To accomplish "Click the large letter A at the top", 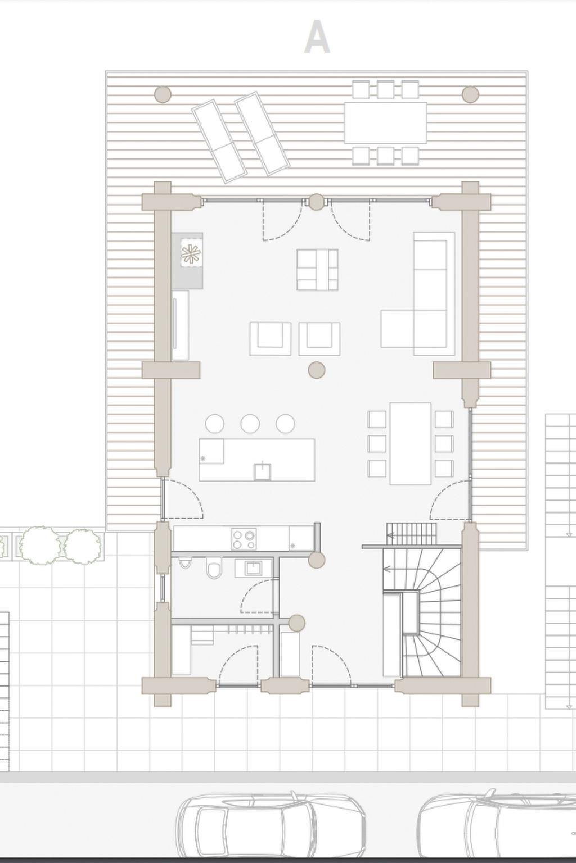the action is point(317,38).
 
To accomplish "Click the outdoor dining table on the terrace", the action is point(386,122).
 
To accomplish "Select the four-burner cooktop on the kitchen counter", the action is point(244,539).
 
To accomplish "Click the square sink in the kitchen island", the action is point(262,471).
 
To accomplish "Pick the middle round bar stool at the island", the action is point(250,424).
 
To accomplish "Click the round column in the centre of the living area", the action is point(317,370).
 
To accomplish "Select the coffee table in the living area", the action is point(317,269).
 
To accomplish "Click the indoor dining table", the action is point(411,443).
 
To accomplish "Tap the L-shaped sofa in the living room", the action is point(418,294).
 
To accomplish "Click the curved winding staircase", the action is point(431,612).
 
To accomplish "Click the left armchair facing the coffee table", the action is point(270,339).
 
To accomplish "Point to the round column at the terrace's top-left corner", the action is point(163,94).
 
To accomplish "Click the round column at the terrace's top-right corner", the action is point(470,94).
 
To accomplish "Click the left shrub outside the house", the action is point(39,546).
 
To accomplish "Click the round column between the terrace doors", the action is point(317,202).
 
